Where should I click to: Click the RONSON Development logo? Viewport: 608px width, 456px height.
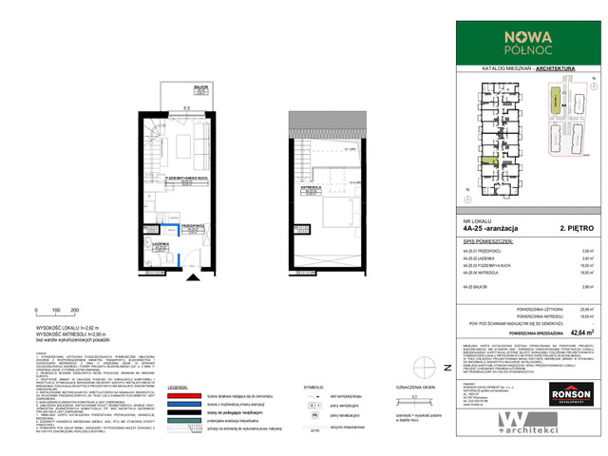click(x=573, y=392)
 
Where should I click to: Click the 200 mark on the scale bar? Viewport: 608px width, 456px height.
click(x=74, y=312)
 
